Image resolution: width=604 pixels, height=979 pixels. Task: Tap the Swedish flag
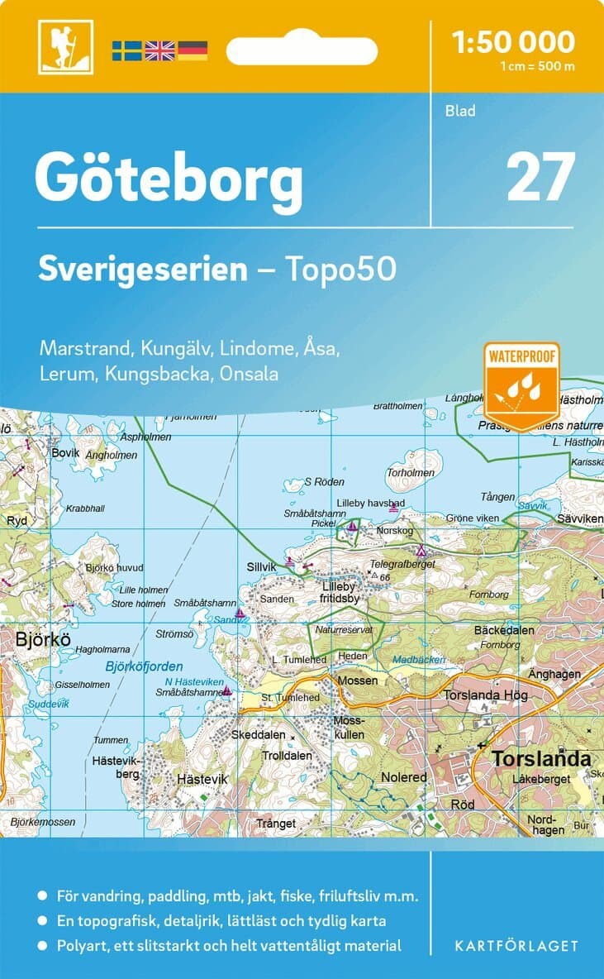[x=126, y=50]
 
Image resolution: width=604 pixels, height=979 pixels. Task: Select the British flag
[x=159, y=50]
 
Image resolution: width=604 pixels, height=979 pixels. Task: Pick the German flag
[x=193, y=50]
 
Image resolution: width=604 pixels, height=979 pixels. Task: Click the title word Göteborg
[x=169, y=176]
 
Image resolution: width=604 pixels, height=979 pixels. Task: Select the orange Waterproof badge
[x=521, y=386]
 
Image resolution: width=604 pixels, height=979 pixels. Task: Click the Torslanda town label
[x=541, y=758]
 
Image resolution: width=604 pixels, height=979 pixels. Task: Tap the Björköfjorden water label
[x=145, y=666]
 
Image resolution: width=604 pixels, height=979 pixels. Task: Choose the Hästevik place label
[x=202, y=779]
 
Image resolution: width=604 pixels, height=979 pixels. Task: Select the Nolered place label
[x=404, y=777]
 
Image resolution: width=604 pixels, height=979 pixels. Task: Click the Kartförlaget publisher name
[x=516, y=945]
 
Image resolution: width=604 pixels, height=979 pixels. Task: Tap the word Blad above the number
[x=460, y=110]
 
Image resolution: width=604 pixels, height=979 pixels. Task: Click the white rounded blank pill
[x=302, y=51]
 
